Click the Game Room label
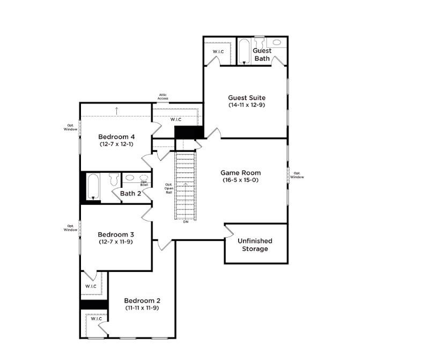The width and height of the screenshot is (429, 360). [241, 173]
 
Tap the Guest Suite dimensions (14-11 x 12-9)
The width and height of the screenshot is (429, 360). [247, 105]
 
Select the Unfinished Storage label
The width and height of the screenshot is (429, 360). [255, 245]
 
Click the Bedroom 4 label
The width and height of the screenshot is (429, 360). [116, 137]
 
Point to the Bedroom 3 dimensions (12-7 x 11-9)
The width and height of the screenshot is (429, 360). [116, 242]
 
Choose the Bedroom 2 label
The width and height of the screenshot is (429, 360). [142, 300]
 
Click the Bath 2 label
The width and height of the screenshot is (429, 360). [130, 194]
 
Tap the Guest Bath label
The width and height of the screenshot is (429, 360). [262, 54]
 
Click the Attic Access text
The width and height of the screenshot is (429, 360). [163, 97]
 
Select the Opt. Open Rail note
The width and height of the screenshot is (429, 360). [168, 188]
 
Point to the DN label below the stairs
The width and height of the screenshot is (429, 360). [186, 222]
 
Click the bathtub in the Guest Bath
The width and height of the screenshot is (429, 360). [244, 51]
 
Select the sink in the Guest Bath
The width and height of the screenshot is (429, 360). [277, 42]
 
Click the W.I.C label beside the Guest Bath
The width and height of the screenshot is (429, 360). [218, 52]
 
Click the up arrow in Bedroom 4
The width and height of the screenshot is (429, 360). [116, 111]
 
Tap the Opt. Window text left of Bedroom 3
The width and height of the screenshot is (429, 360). [70, 227]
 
